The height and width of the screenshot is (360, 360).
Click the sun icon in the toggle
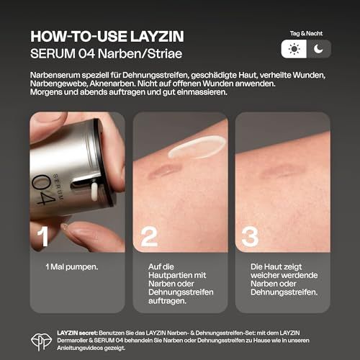click(x=294, y=49)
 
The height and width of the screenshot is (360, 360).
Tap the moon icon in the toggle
click(x=318, y=49)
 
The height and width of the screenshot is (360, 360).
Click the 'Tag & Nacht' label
click(x=306, y=34)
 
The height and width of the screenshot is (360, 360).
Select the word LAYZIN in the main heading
click(x=157, y=37)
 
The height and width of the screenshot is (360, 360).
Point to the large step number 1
click(x=43, y=236)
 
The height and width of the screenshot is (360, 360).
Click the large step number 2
click(x=149, y=237)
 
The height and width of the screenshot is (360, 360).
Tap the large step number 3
click(x=250, y=237)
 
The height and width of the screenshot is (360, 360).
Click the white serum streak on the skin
click(x=197, y=146)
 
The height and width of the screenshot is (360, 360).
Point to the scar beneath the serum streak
click(x=163, y=171)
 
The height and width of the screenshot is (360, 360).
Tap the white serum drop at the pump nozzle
click(x=94, y=192)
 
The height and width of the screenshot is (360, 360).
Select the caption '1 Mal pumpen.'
click(x=72, y=267)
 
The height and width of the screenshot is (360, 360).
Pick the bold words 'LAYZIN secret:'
click(x=77, y=333)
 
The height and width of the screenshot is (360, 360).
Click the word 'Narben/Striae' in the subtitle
click(x=140, y=53)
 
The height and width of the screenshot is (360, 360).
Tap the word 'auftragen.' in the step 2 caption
click(x=167, y=301)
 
